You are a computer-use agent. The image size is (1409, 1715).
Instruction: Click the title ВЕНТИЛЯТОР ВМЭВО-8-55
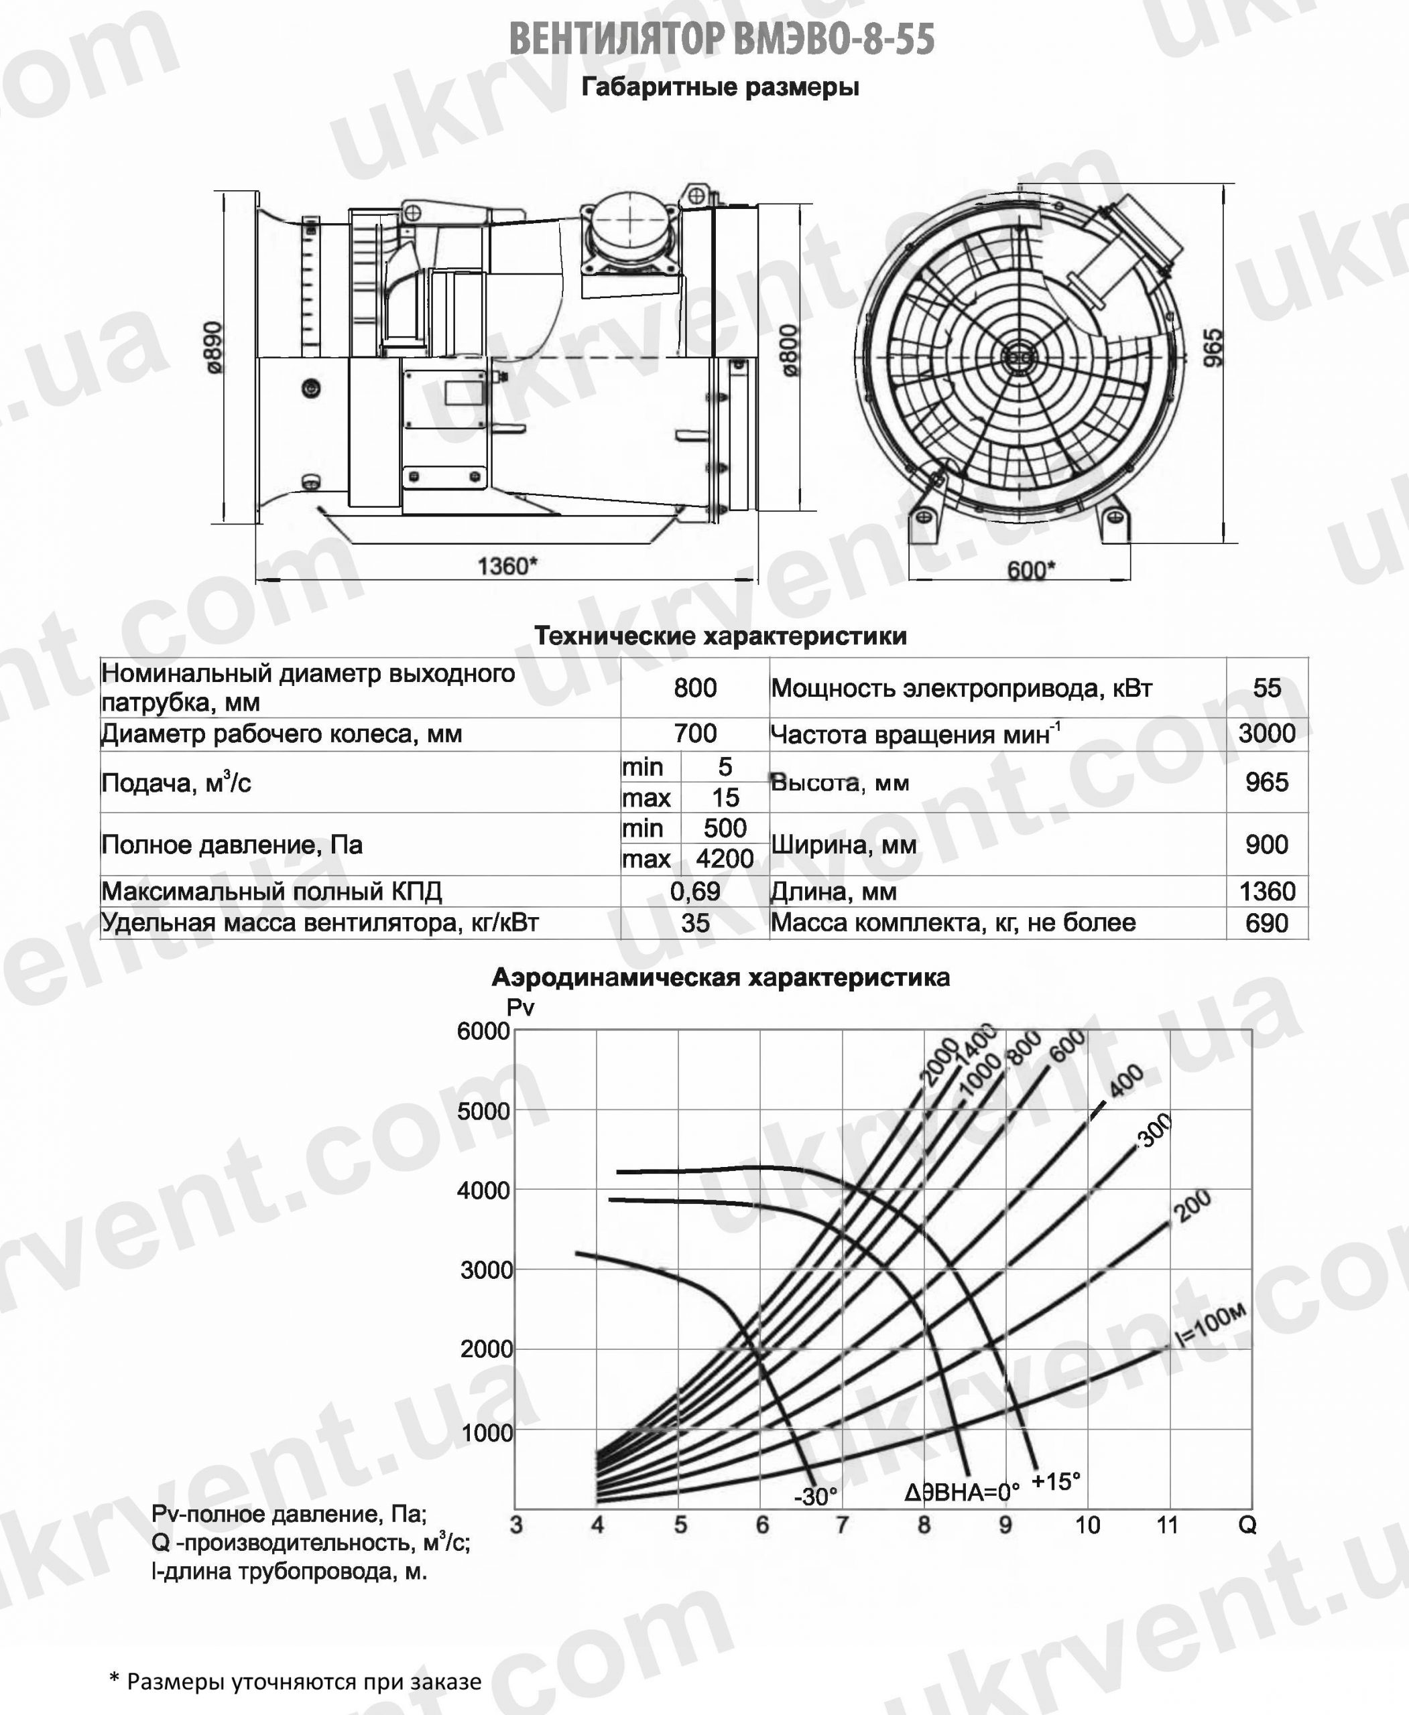pos(721,39)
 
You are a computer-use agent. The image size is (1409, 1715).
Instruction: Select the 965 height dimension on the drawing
pos(1212,347)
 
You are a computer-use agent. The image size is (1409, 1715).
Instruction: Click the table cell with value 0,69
pos(694,892)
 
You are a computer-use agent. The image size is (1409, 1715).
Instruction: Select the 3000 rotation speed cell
pos(1266,734)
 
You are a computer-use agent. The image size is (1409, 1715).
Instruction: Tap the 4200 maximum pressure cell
pos(725,858)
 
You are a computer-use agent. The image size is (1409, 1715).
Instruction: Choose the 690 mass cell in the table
pos(1266,923)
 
